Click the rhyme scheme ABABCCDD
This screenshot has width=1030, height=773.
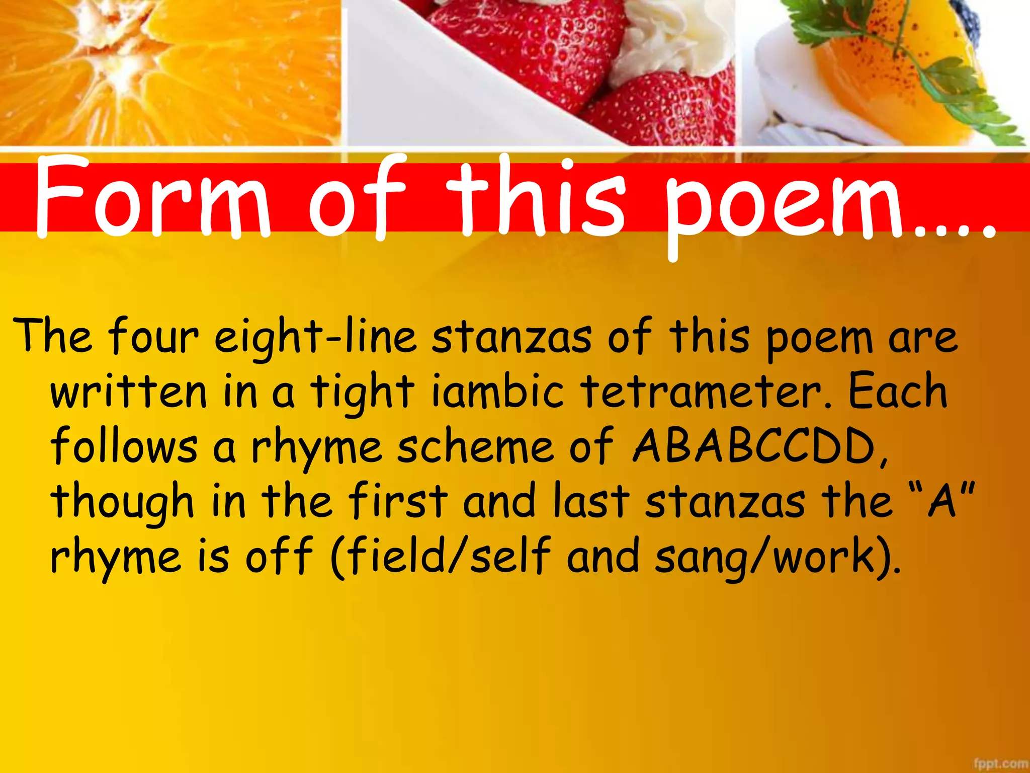click(754, 446)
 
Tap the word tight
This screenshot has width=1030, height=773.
click(362, 393)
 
